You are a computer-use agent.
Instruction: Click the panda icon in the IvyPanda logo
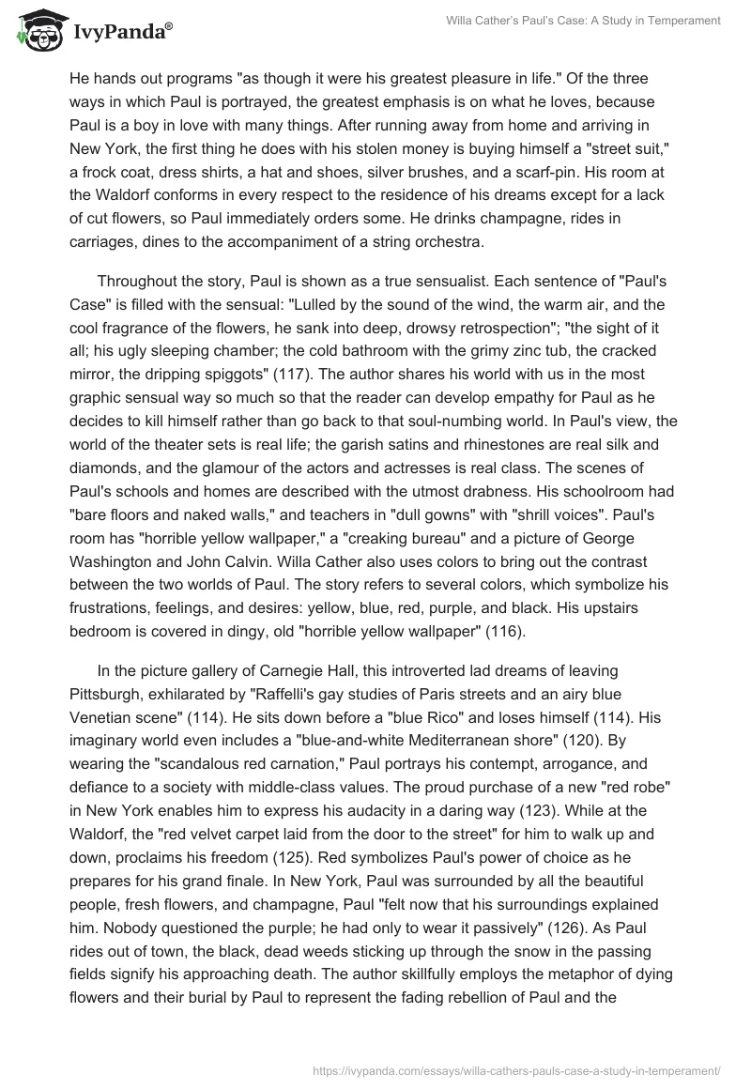[x=36, y=30]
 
